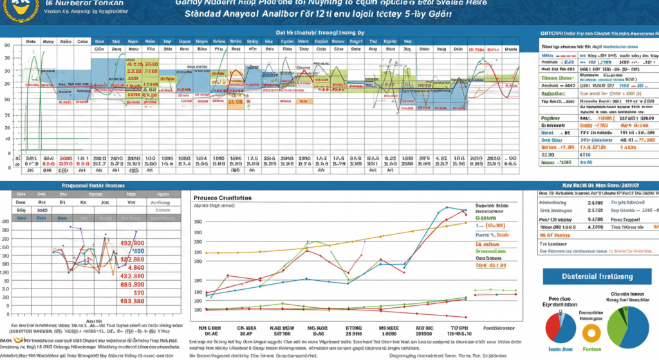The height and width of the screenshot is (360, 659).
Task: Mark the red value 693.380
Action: [x=132, y=300]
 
